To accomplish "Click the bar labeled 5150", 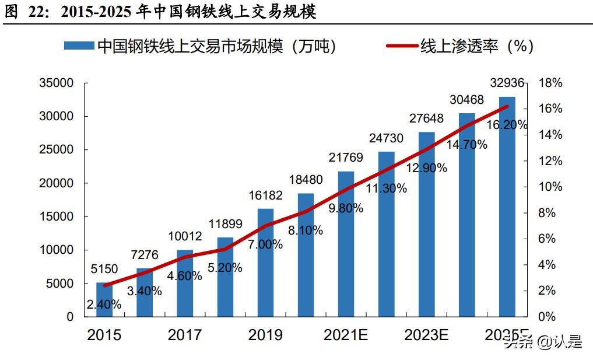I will coord(105,299).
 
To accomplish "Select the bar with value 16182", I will coord(266,263).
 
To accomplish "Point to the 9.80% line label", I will coord(346,208).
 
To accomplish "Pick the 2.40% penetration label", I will coord(104,304).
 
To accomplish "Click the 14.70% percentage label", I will coord(467,145).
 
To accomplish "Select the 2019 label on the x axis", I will coord(265,335).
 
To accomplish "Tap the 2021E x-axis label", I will coord(346,335).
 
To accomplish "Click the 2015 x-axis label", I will coord(104,335).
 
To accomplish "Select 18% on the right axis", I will coord(549,83).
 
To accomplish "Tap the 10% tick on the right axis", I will coord(549,187).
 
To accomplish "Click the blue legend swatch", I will coord(79,46).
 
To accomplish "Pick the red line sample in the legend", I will coord(402,46).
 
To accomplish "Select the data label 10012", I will coord(185,237).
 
